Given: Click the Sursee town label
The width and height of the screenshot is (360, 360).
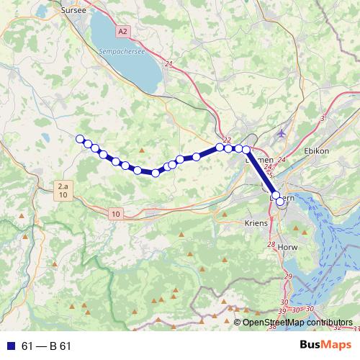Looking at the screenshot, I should point(74,10).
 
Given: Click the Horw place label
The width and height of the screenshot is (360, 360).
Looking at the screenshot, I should point(287,247).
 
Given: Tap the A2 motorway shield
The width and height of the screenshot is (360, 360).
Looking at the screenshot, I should point(123,31).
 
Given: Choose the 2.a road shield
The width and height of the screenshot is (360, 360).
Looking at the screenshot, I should point(63,186).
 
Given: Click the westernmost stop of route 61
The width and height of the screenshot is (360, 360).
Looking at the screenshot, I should point(80,139).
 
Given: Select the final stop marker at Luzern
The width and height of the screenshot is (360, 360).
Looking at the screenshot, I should point(280,202).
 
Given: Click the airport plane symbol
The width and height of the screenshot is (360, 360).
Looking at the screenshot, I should point(281,133).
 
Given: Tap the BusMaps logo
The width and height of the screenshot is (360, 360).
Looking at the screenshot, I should point(320,345).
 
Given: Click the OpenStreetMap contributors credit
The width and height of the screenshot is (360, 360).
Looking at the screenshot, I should point(297,323).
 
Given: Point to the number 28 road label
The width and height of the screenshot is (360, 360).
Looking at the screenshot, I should point(271,246).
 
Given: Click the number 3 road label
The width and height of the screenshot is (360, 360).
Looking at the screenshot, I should point(323,117).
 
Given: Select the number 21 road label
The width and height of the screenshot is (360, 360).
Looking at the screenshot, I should point(168,65).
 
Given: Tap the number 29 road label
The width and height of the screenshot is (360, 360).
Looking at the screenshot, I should point(288,276).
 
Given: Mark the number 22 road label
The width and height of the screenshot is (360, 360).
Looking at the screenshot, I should point(228,140).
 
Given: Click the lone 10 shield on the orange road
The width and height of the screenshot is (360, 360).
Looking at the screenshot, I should point(116,214).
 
